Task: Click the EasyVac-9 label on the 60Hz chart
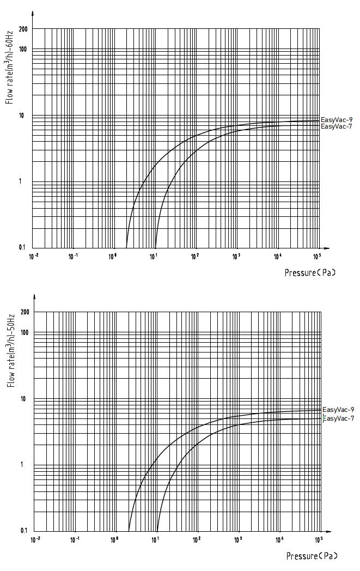tap(337, 119)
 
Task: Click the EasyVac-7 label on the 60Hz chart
tap(337, 126)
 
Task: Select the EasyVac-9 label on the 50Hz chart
tap(338, 410)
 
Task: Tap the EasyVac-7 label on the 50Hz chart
tap(338, 418)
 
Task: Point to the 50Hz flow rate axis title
tap(10, 352)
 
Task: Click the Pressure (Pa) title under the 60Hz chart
tap(310, 272)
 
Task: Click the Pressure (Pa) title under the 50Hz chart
tap(312, 556)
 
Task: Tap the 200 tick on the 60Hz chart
tap(22, 28)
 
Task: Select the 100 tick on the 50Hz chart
tap(24, 332)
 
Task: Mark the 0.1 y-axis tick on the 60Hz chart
tap(22, 247)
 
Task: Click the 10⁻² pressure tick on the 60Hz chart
tap(33, 255)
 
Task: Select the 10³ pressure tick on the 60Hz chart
tap(236, 255)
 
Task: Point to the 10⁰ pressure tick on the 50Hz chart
tap(115, 539)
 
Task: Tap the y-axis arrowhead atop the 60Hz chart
tap(33, 13)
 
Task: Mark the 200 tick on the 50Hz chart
tap(24, 312)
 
